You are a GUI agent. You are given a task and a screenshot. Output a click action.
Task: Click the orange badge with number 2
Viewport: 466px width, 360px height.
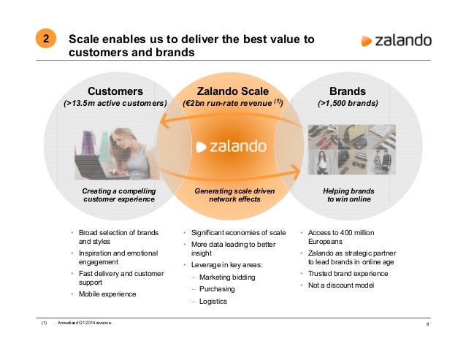(45, 41)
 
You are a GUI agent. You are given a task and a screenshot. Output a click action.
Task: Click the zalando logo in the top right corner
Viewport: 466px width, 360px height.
(395, 40)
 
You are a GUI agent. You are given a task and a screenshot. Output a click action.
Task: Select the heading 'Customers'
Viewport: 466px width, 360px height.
(115, 91)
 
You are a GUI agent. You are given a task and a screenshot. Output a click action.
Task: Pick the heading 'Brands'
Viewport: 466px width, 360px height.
(348, 91)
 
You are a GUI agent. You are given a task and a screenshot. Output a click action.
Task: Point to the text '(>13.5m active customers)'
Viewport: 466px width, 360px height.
(115, 104)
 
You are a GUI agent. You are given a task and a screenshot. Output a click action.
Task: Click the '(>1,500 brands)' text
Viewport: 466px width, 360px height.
(348, 104)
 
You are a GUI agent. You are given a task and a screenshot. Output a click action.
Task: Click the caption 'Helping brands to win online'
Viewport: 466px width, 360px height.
(348, 194)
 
